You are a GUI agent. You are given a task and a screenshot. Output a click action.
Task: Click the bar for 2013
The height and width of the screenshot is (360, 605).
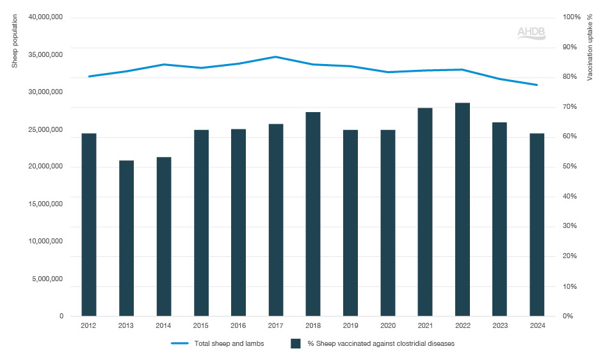tap(126, 238)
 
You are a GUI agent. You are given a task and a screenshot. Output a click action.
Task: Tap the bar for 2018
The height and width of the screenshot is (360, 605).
tap(313, 214)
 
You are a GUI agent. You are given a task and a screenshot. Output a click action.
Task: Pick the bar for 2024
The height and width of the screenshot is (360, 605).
tap(536, 225)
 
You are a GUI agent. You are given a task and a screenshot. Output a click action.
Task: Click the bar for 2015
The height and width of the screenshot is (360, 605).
tap(201, 223)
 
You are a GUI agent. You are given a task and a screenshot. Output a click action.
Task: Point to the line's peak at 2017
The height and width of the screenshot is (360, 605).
tap(276, 57)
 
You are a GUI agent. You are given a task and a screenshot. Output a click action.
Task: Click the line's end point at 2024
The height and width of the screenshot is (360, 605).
tap(536, 85)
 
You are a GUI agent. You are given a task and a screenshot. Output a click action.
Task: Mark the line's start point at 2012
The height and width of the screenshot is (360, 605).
tap(89, 76)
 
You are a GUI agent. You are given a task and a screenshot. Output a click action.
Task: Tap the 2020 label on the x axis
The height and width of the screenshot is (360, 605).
tap(387, 325)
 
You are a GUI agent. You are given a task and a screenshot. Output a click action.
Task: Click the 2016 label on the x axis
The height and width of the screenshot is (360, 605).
tap(238, 325)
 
